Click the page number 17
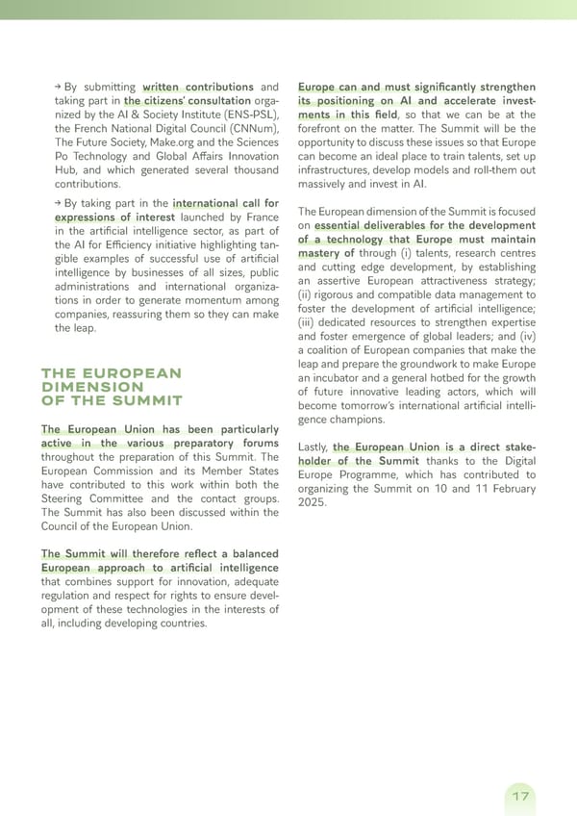click(x=520, y=796)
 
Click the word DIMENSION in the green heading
click(x=92, y=387)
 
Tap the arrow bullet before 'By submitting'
click(x=59, y=88)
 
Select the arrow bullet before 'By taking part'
click(x=59, y=204)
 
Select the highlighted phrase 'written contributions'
click(x=197, y=88)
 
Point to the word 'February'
click(x=503, y=489)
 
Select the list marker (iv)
click(x=525, y=337)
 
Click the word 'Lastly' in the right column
click(x=314, y=447)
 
